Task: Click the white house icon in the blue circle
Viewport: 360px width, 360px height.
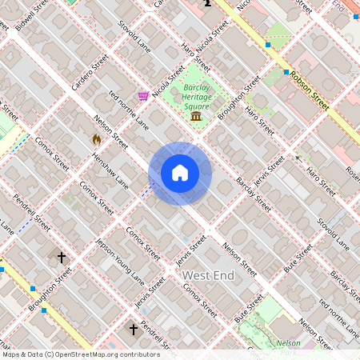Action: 179,173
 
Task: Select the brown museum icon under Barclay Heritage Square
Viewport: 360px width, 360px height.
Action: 196,118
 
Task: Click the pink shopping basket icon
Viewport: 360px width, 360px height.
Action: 143,96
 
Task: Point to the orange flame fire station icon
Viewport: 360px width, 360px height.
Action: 97,139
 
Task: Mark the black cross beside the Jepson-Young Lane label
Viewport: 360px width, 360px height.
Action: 62,257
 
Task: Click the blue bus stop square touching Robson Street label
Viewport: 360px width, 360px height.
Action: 286,72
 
